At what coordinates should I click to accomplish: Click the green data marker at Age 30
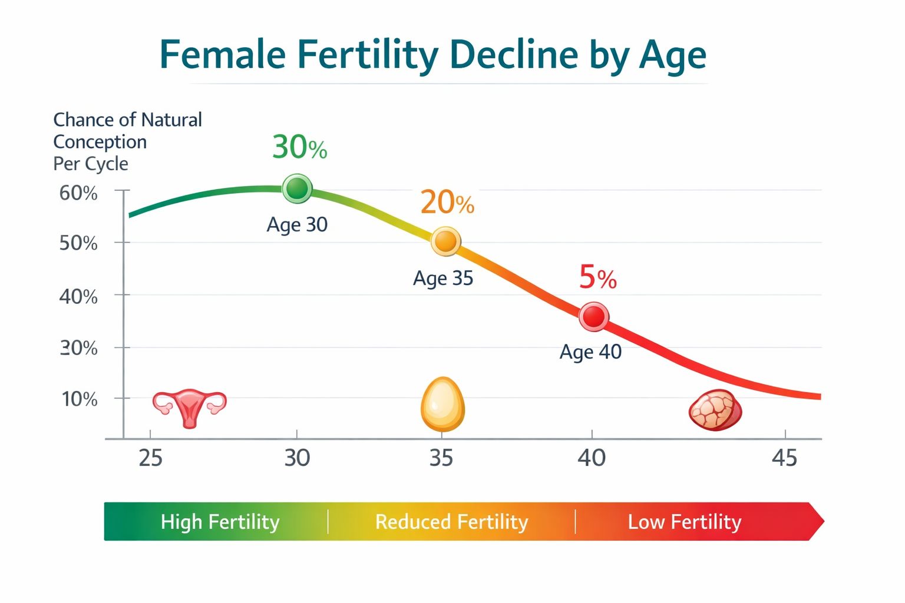point(298,188)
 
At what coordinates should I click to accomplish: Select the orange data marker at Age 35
point(445,241)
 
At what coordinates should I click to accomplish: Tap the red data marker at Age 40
point(593,317)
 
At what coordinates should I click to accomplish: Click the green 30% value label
point(299,147)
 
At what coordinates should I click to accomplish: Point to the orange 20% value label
point(447,203)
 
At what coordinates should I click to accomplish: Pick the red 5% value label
point(597,277)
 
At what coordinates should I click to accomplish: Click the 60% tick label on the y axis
point(78,193)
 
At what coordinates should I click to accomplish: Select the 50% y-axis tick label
point(78,243)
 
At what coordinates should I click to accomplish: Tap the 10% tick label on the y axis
point(80,399)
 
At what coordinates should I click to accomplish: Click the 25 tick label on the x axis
point(151,458)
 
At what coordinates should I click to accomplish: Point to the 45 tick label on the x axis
point(784,458)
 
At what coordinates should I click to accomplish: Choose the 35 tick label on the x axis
point(441,458)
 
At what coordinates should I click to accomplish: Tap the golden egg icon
point(442,405)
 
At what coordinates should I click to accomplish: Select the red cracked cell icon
point(715,410)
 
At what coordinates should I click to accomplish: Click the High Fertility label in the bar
point(220,522)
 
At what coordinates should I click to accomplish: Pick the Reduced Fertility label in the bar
point(451,522)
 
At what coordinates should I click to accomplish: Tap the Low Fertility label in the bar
point(684,522)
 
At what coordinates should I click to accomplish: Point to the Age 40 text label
point(590,352)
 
